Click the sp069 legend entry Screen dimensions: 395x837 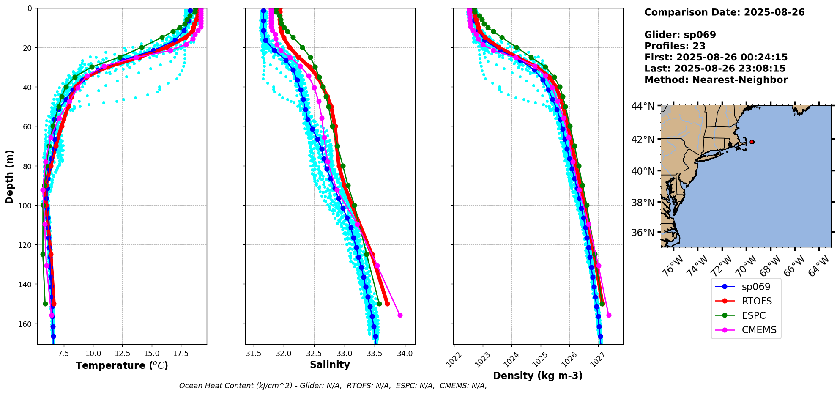tap(755, 287)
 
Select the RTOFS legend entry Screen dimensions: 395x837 tap(756, 301)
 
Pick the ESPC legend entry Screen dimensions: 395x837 tap(753, 315)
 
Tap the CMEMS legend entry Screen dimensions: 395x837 tap(759, 330)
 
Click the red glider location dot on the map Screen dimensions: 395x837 tap(752, 142)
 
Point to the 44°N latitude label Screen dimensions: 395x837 tap(643, 106)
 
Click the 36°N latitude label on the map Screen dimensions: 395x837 tap(643, 233)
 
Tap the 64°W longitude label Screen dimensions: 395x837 tap(819, 266)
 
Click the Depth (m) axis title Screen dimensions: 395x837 tap(9, 176)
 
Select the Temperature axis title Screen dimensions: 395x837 tap(122, 365)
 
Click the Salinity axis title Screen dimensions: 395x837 tap(330, 365)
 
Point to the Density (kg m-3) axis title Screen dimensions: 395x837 tap(538, 376)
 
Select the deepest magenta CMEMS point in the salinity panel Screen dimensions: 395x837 tap(400, 315)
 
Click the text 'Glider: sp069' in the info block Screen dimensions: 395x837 tap(680, 35)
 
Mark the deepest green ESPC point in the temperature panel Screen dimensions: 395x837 tap(45, 304)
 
